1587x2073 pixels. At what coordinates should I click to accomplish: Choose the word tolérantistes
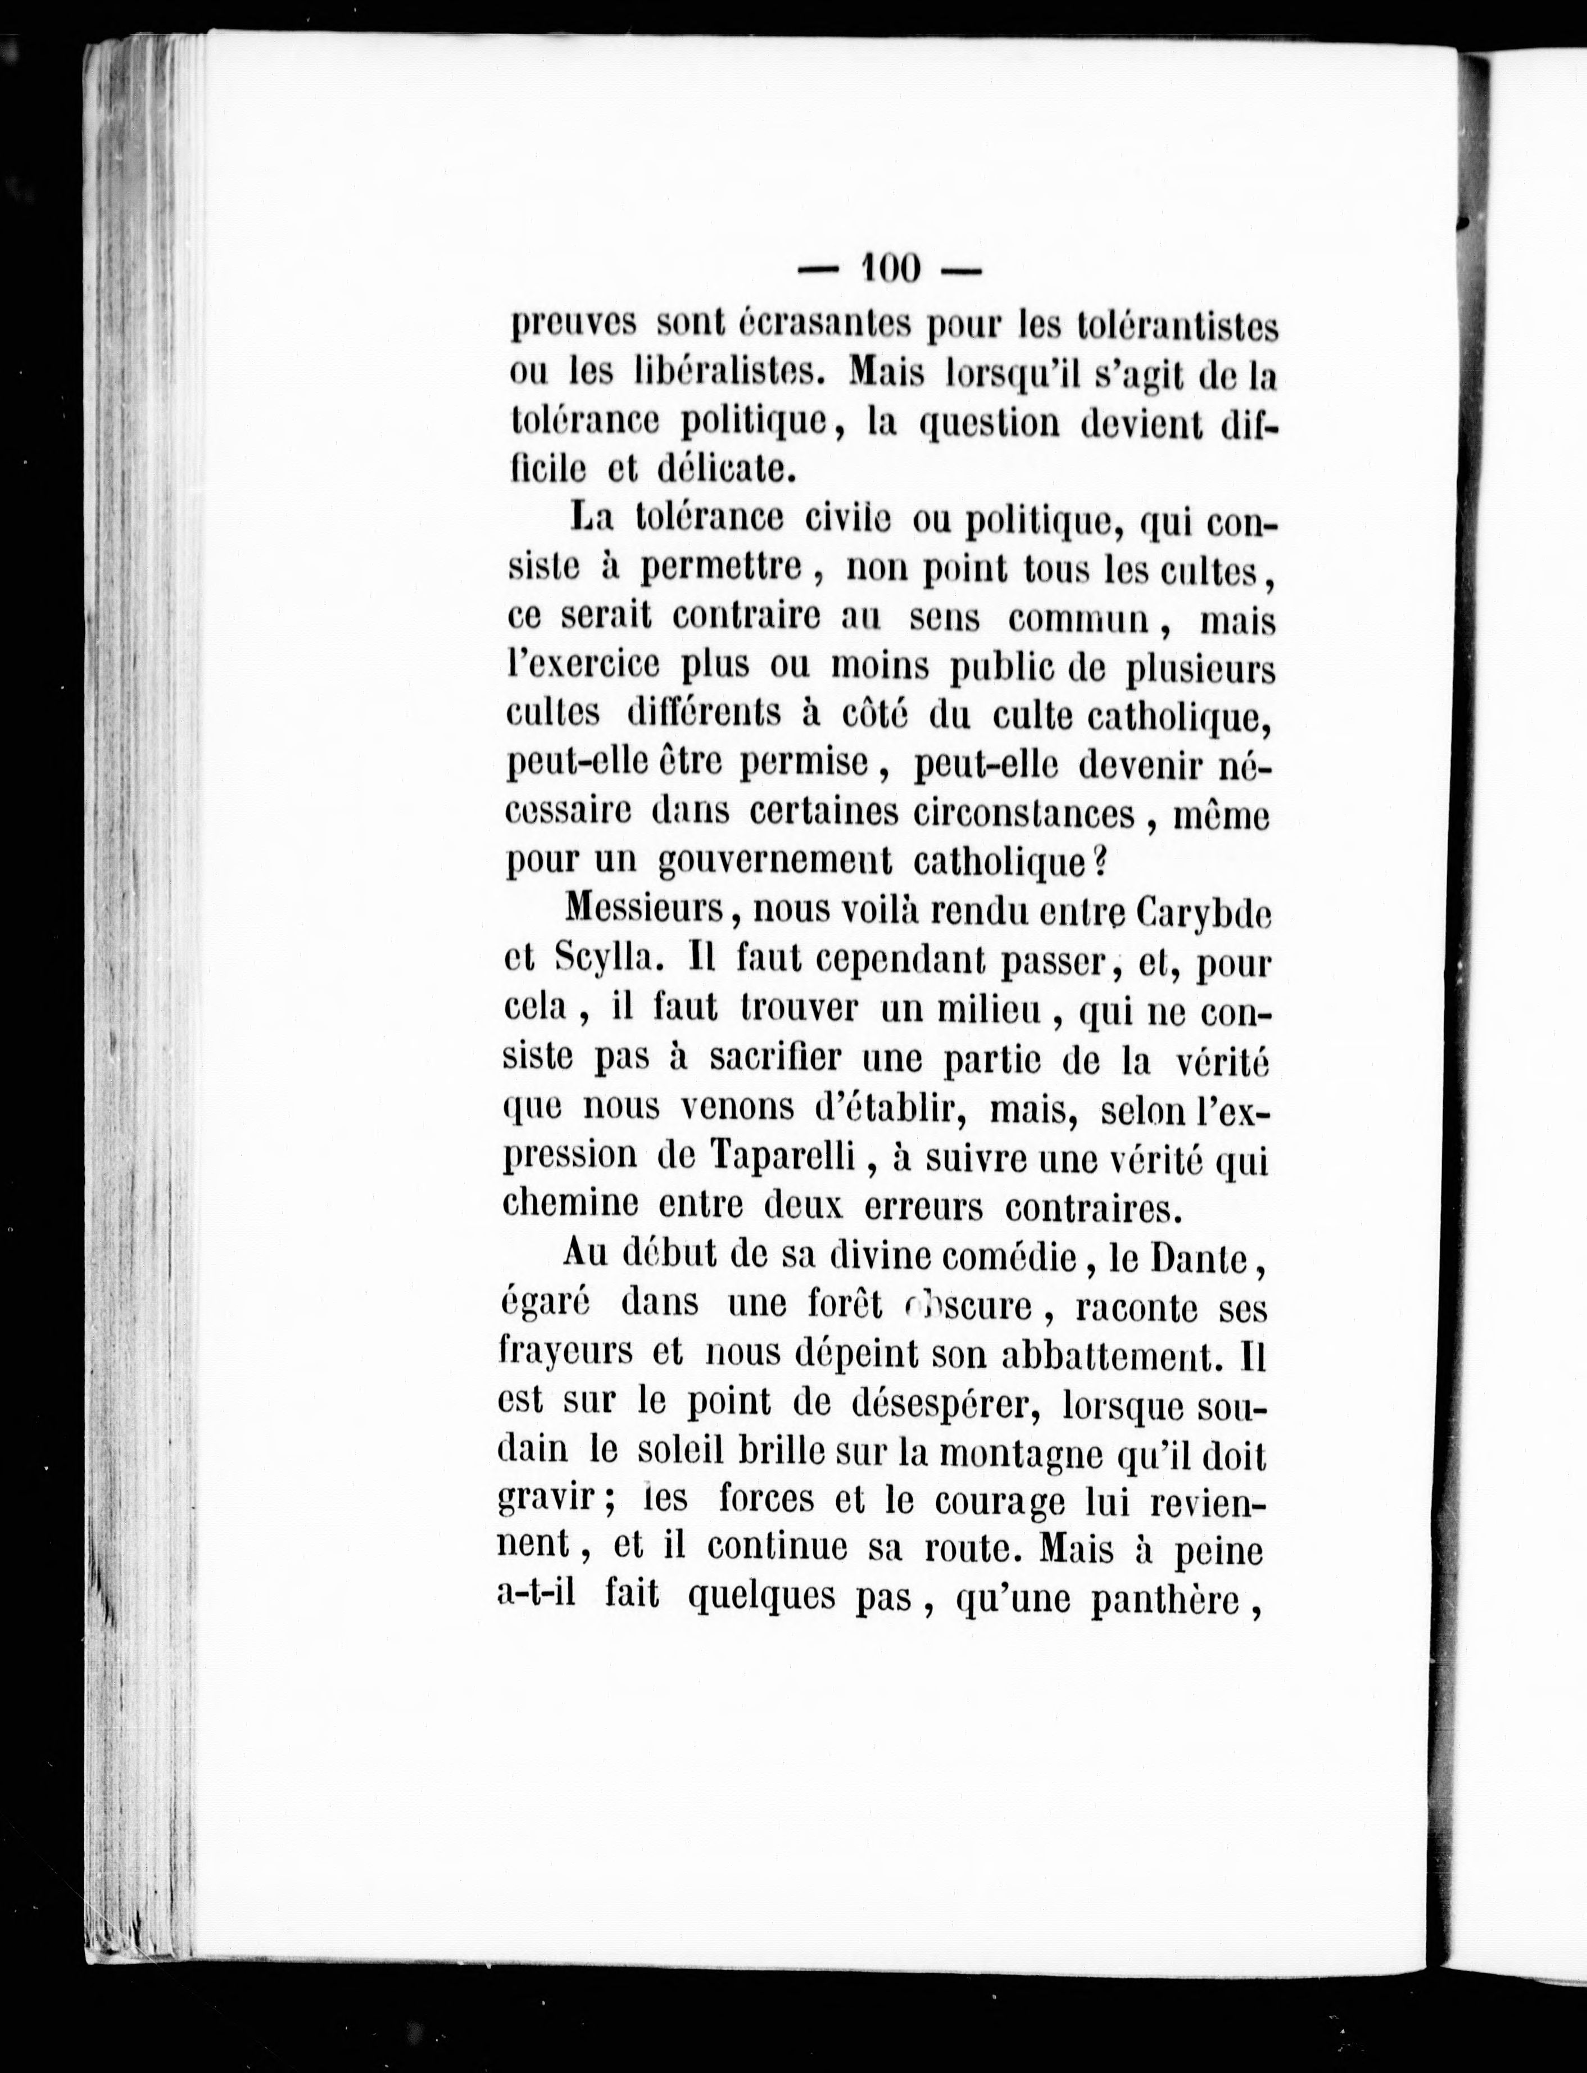pyautogui.click(x=1177, y=328)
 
